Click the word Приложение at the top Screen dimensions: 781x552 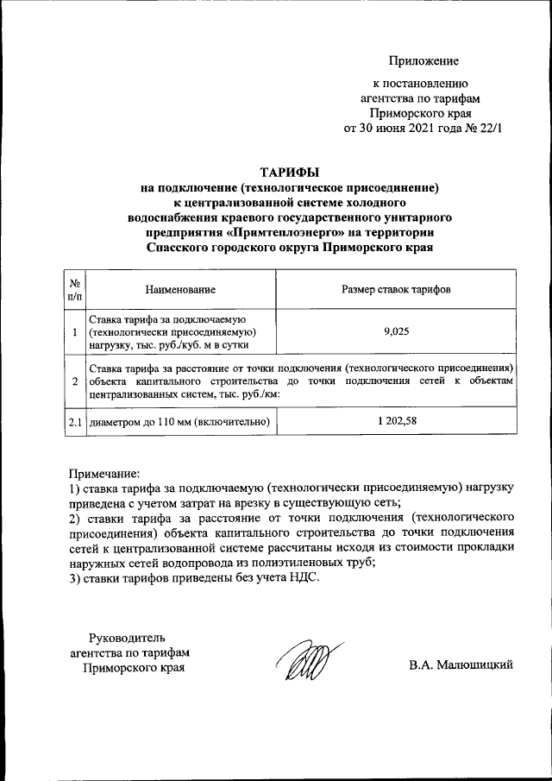pyautogui.click(x=423, y=60)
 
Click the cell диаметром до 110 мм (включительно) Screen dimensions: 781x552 pyautogui.click(x=180, y=422)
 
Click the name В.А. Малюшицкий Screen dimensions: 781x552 pyautogui.click(x=461, y=664)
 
